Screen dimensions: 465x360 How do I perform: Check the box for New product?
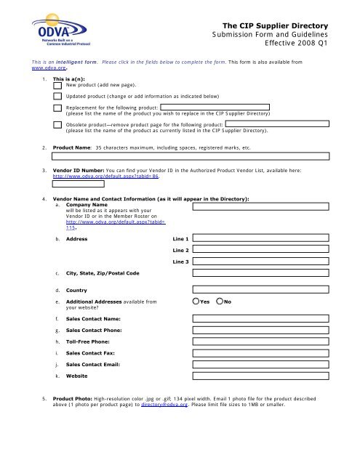pyautogui.click(x=57, y=84)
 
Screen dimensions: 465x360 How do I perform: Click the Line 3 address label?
pyautogui.click(x=181, y=260)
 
